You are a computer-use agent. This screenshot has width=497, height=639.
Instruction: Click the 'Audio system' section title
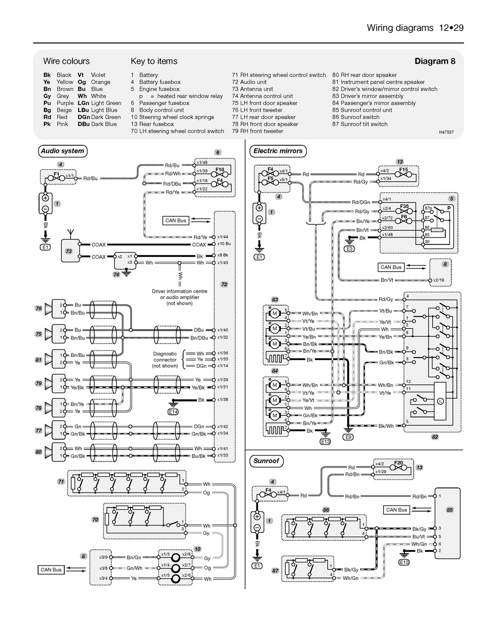pyautogui.click(x=62, y=151)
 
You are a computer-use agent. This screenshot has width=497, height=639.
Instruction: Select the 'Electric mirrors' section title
pyautogui.click(x=278, y=151)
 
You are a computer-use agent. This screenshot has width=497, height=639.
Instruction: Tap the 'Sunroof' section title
pyautogui.click(x=266, y=461)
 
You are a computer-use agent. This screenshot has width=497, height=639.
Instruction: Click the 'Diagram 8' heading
pyautogui.click(x=435, y=61)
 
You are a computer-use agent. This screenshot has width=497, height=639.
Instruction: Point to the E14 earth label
pyautogui.click(x=173, y=412)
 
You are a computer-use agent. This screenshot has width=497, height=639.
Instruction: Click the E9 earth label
pyautogui.click(x=348, y=437)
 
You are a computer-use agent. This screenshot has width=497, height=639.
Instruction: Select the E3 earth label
pyautogui.click(x=349, y=249)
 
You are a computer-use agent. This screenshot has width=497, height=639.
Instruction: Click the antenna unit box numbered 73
pyautogui.click(x=69, y=251)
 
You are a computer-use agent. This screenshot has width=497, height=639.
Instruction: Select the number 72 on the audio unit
pyautogui.click(x=224, y=284)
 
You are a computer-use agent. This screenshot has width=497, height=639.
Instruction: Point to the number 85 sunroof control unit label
pyautogui.click(x=449, y=510)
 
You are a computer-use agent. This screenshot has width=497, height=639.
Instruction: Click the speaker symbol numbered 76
pyautogui.click(x=49, y=309)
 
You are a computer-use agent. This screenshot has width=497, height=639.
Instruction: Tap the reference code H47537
pyautogui.click(x=446, y=132)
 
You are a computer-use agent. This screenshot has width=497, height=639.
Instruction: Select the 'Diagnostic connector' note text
pyautogui.click(x=165, y=360)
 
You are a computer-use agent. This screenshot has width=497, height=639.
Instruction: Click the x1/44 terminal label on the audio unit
pyautogui.click(x=222, y=237)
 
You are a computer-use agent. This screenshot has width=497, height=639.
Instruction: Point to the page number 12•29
pyautogui.click(x=451, y=28)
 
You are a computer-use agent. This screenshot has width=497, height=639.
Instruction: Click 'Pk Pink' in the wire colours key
pyautogui.click(x=56, y=124)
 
